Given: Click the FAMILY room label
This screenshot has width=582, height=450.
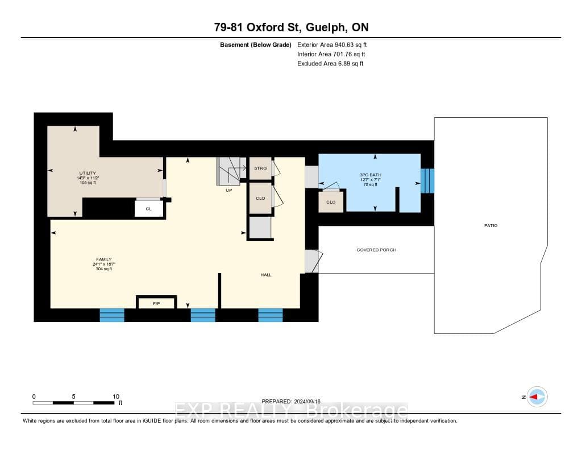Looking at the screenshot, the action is coord(104,259).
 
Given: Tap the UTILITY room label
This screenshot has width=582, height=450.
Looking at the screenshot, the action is coord(88,173).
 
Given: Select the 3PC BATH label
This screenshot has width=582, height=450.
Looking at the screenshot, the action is coord(371,175).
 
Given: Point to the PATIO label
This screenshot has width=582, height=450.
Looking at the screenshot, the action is coord(490,225).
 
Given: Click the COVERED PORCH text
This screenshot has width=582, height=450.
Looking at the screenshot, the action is coord(376,250).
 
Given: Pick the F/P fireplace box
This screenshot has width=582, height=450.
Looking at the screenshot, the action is coord(156,303).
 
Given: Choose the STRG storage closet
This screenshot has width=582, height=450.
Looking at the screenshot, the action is coord(260,169).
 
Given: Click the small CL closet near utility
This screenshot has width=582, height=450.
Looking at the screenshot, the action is coord(149,209).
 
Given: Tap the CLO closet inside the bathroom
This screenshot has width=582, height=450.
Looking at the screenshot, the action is coord(331,202).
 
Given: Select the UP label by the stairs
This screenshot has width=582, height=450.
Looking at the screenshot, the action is coord(228,190).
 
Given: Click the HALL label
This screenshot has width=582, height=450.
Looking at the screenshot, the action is coord(266,275).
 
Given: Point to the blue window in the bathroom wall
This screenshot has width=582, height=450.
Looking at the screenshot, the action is coord(427,181).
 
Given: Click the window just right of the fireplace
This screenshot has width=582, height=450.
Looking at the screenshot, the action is coord(203,315).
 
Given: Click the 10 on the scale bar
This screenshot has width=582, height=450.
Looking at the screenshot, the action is coord(116,397).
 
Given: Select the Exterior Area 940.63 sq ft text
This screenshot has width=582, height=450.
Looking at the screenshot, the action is coord(332,44).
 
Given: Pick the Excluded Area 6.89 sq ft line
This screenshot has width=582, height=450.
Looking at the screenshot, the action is coord(330,64).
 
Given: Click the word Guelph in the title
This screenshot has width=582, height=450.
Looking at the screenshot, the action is coord(323,27).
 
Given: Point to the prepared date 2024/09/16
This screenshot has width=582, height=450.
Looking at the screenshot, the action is coord(307,401).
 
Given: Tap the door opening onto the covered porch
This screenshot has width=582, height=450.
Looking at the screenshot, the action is coord(312,261).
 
